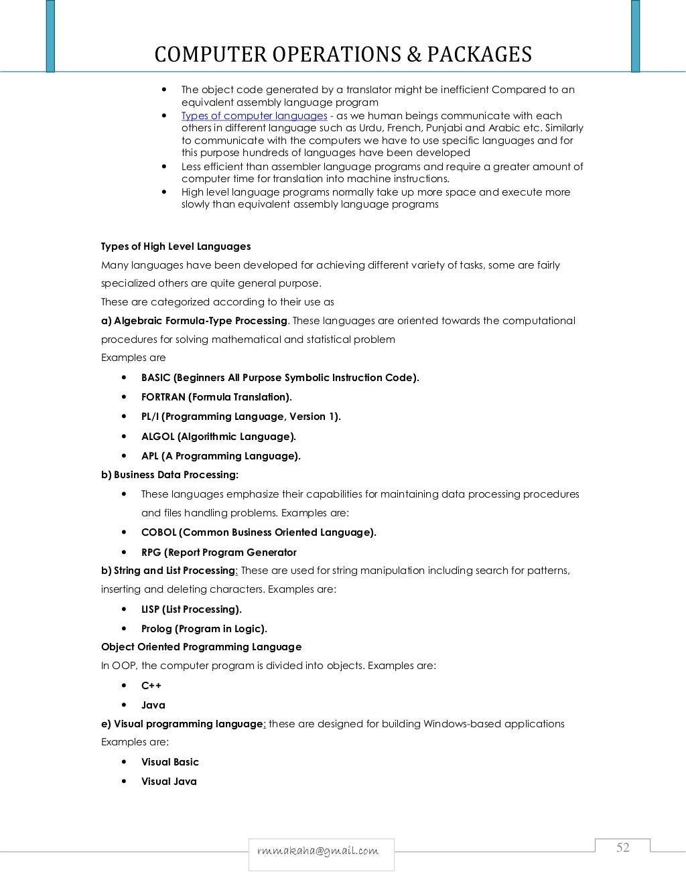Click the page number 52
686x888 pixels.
622,848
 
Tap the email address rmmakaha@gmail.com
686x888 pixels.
318,850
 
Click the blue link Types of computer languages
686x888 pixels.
254,116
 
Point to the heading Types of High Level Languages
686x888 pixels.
176,246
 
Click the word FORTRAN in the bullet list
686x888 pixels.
163,397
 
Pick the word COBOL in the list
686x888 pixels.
159,532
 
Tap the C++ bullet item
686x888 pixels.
151,686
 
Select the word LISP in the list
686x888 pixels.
150,609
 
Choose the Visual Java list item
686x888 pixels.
169,782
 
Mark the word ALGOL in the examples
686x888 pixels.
157,437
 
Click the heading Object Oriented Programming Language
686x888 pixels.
201,647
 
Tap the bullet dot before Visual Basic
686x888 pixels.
125,762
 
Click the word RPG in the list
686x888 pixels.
151,552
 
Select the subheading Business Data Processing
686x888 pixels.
176,475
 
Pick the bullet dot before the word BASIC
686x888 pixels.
125,378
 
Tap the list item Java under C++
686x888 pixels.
153,705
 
